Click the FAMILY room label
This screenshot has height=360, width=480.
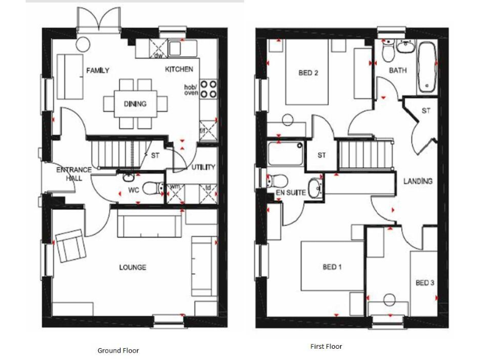[99, 70]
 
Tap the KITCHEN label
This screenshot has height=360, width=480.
[179, 69]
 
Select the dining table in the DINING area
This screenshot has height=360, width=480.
[135, 103]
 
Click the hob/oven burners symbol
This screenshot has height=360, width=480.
[209, 89]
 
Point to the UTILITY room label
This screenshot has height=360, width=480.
[204, 167]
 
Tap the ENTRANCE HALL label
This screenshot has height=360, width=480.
[74, 174]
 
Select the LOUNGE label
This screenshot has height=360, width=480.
[132, 267]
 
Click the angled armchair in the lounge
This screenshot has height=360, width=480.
[71, 246]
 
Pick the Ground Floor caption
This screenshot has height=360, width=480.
[118, 351]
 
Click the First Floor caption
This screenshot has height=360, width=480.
[326, 346]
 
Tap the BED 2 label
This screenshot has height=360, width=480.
[309, 73]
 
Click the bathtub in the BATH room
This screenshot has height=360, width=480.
[427, 67]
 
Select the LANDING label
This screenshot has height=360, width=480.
[417, 181]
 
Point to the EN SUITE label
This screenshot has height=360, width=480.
[291, 193]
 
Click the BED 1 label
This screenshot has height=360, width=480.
[332, 267]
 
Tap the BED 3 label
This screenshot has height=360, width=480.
[425, 283]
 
